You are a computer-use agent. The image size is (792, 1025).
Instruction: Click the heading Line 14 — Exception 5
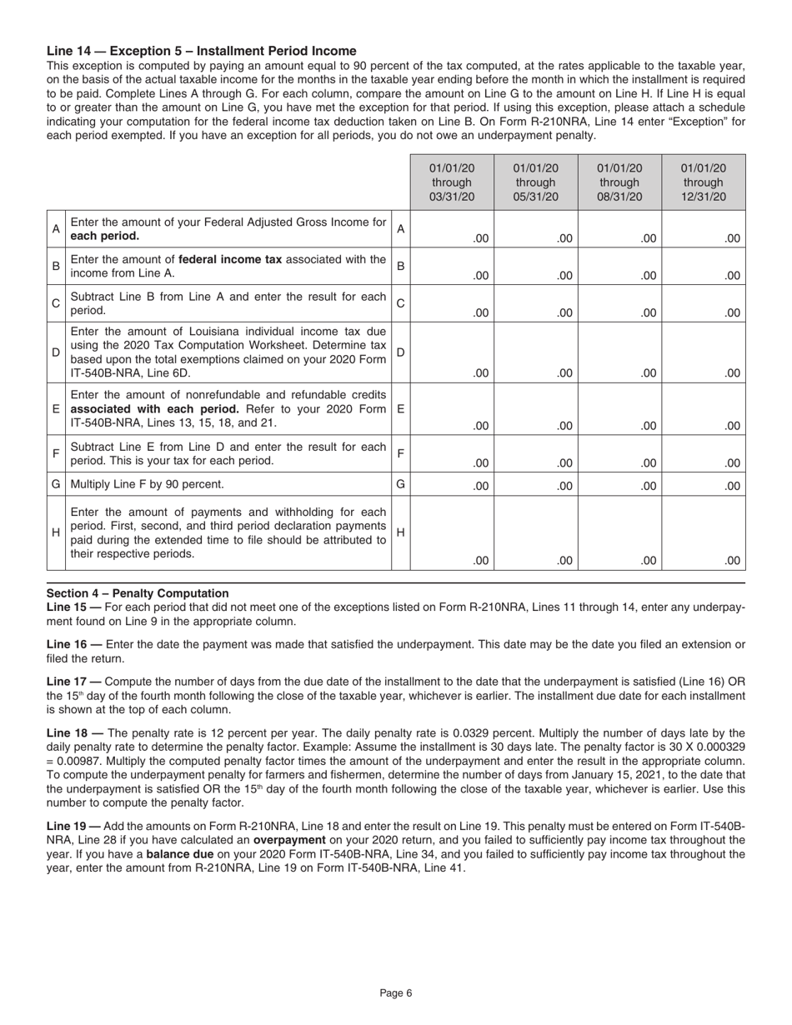pos(201,51)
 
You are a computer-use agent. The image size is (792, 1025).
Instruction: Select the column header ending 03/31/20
pos(452,182)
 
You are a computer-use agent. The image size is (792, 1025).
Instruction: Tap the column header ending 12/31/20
pos(704,182)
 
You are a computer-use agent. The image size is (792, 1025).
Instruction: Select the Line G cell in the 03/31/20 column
pos(452,484)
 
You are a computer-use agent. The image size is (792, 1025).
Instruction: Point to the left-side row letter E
pos(56,409)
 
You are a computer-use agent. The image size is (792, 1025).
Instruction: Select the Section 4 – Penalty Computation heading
pos(138,593)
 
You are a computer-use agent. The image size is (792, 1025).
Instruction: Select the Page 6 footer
pos(396,992)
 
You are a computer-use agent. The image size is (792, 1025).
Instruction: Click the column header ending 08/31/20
pos(619,182)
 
